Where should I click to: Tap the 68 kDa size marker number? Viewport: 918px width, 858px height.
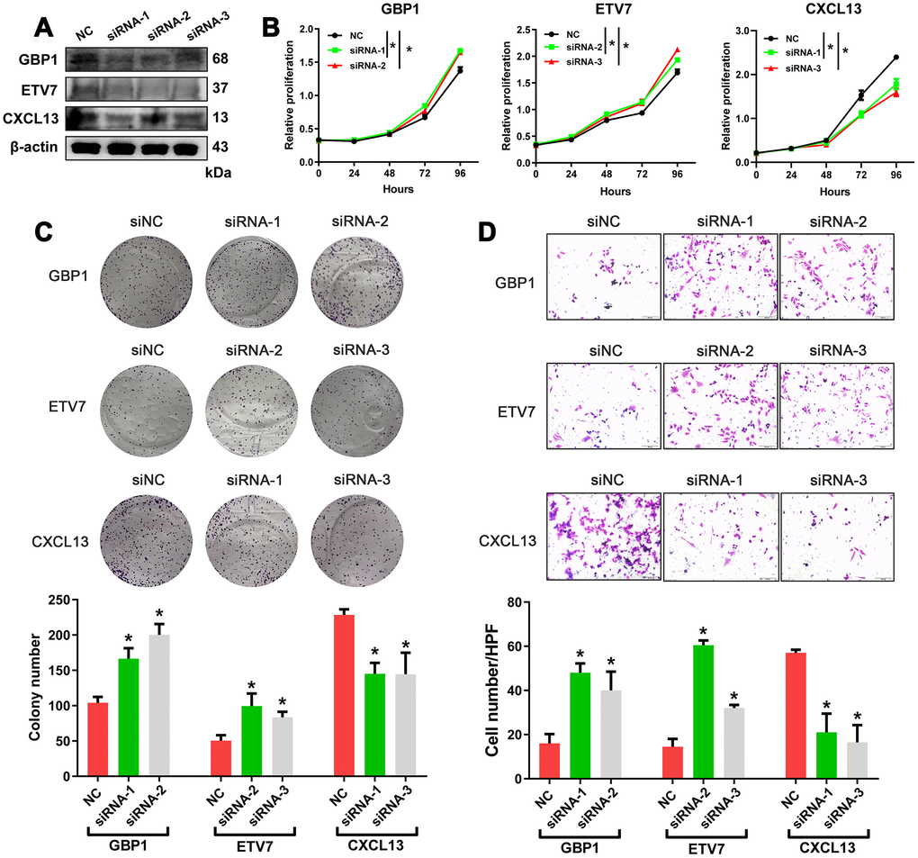220,59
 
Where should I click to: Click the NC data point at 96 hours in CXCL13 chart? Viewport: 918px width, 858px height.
896,58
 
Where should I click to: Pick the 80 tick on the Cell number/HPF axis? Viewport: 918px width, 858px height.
517,602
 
